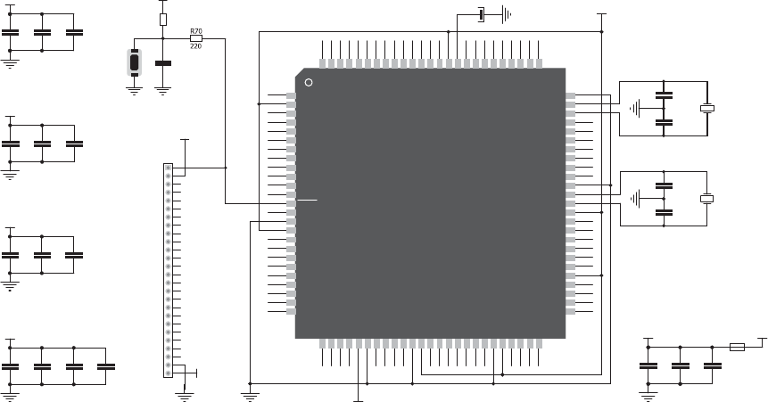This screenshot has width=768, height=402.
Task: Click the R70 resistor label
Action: tap(196, 31)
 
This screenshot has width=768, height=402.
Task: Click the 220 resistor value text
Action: tap(196, 46)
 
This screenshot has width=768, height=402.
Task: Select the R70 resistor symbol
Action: tap(196, 38)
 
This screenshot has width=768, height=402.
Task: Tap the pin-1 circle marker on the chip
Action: tap(309, 82)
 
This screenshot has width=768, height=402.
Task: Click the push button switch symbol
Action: tap(134, 62)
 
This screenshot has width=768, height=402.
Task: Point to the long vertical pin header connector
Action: tap(168, 271)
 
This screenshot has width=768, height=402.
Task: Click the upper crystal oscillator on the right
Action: tap(707, 108)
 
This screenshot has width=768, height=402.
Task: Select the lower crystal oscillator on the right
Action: tap(706, 199)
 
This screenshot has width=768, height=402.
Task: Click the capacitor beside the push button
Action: tap(163, 63)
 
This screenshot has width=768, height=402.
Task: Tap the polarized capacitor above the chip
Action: tap(482, 14)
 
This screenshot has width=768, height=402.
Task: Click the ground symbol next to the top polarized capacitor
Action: tap(507, 14)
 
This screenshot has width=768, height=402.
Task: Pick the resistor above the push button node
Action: tap(163, 20)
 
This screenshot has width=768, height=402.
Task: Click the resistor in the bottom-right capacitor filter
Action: tap(737, 347)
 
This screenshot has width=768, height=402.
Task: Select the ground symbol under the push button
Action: tap(134, 91)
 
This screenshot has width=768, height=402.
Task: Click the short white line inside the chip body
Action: tap(307, 200)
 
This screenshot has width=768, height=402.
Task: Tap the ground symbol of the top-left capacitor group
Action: tap(9, 63)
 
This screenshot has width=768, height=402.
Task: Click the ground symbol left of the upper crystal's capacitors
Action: tap(635, 108)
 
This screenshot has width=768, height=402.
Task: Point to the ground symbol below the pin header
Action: tap(185, 397)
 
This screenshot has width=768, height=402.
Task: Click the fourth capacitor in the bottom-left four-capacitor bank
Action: tap(106, 366)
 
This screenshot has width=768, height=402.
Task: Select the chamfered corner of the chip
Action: tap(300, 72)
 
